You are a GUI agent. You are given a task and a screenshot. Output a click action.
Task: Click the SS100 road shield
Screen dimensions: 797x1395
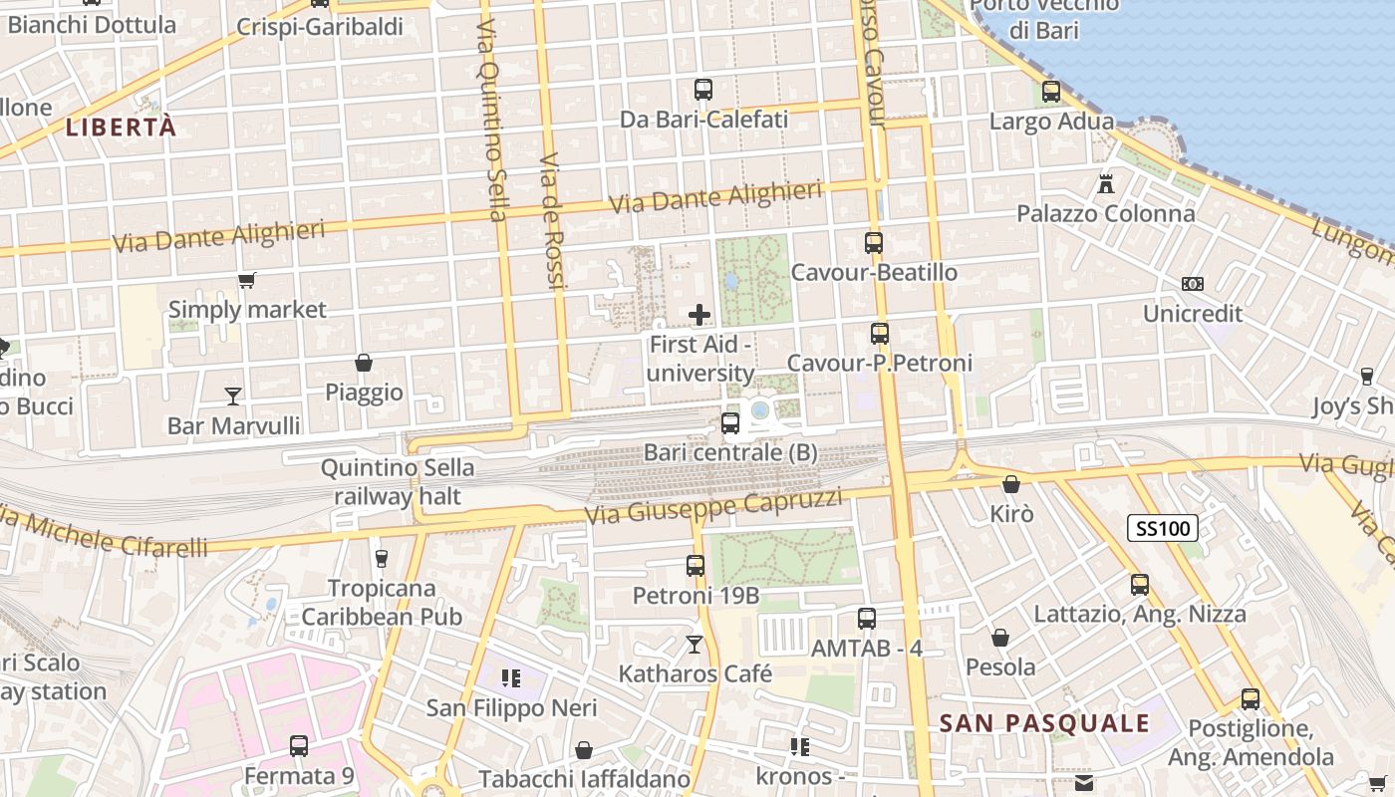pyautogui.click(x=1163, y=528)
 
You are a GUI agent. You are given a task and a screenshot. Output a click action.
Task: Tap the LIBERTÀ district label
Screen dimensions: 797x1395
pyautogui.click(x=121, y=128)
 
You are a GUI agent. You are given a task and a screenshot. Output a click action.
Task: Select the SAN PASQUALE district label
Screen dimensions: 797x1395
pyautogui.click(x=1044, y=724)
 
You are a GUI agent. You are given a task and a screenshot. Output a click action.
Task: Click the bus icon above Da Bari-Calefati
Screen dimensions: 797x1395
pyautogui.click(x=703, y=89)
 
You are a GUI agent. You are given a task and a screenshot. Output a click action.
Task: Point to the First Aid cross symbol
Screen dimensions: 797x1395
pyautogui.click(x=699, y=315)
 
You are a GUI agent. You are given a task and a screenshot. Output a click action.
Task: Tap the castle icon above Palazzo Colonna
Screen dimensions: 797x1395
pyautogui.click(x=1105, y=183)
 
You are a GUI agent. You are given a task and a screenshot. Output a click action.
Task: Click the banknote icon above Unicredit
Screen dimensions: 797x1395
pyautogui.click(x=1192, y=284)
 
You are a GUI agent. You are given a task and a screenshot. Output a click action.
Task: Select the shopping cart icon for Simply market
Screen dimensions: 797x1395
pyautogui.click(x=247, y=280)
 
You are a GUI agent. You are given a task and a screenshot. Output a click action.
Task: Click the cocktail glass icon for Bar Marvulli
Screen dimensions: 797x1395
pyautogui.click(x=233, y=396)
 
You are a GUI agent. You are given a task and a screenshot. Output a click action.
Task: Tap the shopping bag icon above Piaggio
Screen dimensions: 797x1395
pyautogui.click(x=364, y=363)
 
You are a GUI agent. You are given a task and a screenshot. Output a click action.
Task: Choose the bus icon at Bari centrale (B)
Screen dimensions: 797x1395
pyautogui.click(x=730, y=422)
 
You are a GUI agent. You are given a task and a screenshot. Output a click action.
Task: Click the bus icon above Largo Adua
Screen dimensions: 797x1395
pyautogui.click(x=1051, y=92)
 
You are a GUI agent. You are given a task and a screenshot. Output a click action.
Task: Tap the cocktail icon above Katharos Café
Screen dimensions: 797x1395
pyautogui.click(x=695, y=645)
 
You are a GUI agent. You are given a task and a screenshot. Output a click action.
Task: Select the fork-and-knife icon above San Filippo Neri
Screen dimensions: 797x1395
pyautogui.click(x=511, y=678)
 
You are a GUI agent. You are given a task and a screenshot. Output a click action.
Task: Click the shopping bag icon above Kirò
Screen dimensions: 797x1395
pyautogui.click(x=1011, y=484)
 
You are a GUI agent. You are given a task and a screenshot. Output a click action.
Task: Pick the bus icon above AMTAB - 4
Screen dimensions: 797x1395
pyautogui.click(x=867, y=618)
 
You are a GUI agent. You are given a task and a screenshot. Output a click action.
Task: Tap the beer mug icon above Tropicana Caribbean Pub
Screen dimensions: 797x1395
pyautogui.click(x=381, y=558)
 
